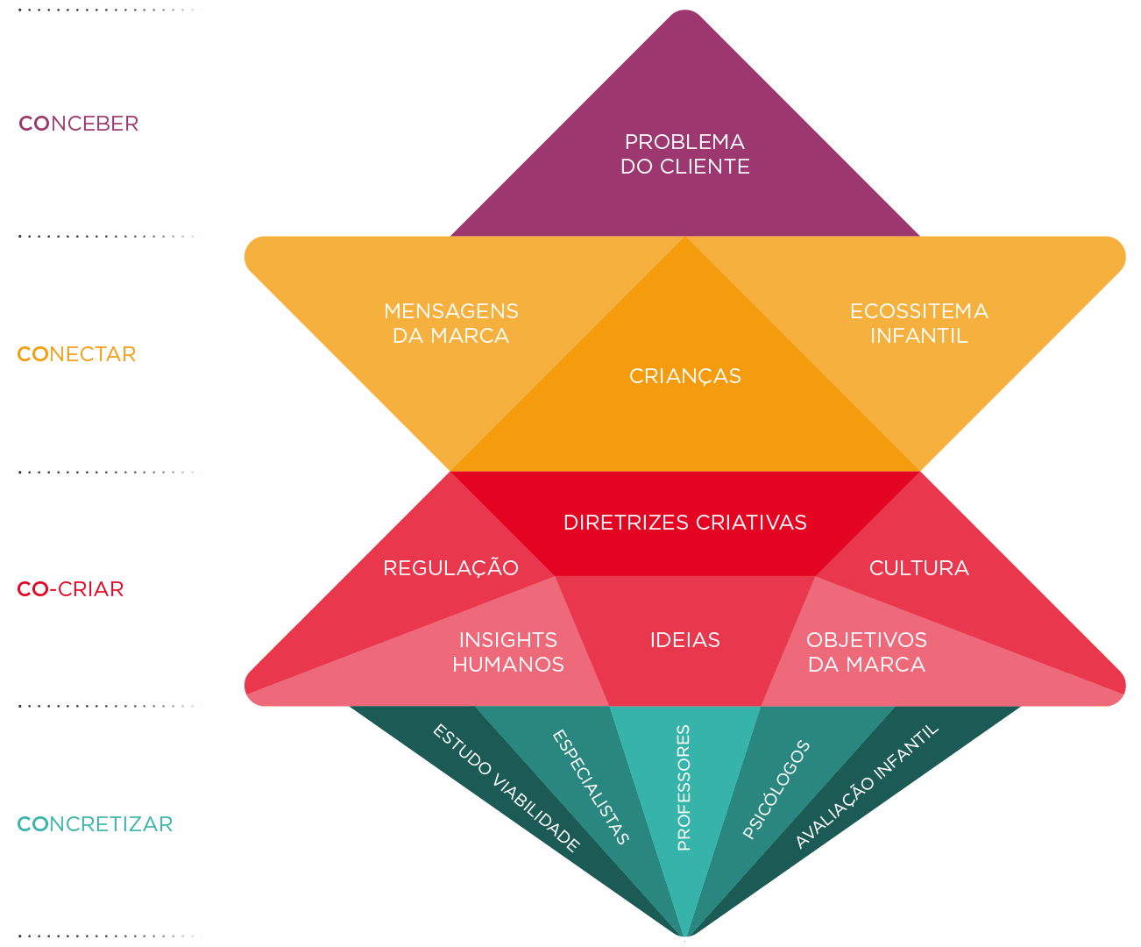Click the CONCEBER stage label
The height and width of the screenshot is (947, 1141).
pos(79,124)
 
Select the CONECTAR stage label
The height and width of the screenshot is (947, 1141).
pos(77,354)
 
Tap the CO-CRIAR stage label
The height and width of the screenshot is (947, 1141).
pos(71,589)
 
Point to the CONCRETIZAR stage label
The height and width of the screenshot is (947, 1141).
pos(96,824)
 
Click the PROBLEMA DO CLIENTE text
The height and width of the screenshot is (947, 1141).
pos(685,154)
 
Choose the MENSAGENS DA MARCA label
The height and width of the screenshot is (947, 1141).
pos(451,324)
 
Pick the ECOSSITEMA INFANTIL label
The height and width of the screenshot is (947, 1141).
pos(919,324)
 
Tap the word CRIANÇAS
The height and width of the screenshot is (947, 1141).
pos(685,376)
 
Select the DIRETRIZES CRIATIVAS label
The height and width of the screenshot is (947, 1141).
pos(685,523)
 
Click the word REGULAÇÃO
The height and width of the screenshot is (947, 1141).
pos(451,568)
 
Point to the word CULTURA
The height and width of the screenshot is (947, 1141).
pos(919,568)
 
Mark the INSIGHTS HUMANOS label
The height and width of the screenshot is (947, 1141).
pos(508,652)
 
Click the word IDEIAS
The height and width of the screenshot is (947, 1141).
pos(685,640)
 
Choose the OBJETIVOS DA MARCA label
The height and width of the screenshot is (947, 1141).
pos(867,652)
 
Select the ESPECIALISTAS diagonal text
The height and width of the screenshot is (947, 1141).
pos(591,787)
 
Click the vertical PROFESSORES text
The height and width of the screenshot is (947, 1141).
pos(684,787)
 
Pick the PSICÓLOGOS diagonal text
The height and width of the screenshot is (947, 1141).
pos(776,790)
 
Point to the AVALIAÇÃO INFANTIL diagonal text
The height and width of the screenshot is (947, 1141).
pos(867,787)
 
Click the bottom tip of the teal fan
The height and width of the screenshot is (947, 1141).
pos(685,936)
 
